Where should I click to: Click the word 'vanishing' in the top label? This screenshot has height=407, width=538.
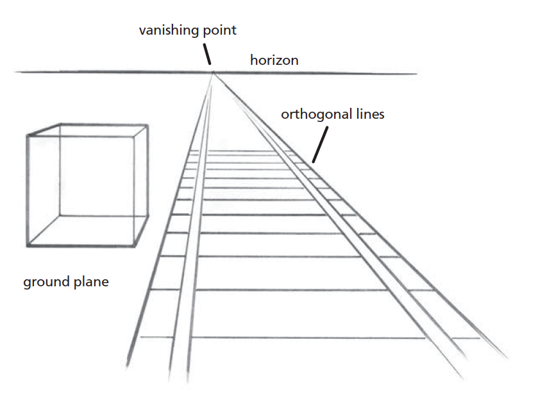pyautogui.click(x=167, y=30)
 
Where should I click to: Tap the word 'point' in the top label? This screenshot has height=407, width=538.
pyautogui.click(x=219, y=30)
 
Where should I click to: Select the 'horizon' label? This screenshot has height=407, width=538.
pyautogui.click(x=274, y=60)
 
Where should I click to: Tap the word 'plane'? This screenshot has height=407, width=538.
pyautogui.click(x=91, y=282)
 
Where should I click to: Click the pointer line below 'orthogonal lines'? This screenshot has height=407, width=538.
pyautogui.click(x=319, y=144)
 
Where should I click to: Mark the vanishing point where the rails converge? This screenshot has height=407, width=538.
pyautogui.click(x=214, y=73)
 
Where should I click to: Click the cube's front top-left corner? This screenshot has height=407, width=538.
pyautogui.click(x=28, y=135)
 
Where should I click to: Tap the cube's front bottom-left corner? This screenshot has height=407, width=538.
pyautogui.click(x=28, y=246)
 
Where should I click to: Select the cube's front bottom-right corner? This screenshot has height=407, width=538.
pyautogui.click(x=136, y=246)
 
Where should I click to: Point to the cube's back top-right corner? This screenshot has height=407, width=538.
pyautogui.click(x=147, y=125)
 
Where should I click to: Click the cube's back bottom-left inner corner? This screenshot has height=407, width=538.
pyautogui.click(x=59, y=216)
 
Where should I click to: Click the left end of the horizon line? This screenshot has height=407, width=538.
pyautogui.click(x=17, y=71)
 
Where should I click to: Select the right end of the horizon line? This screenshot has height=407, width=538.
pyautogui.click(x=417, y=74)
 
